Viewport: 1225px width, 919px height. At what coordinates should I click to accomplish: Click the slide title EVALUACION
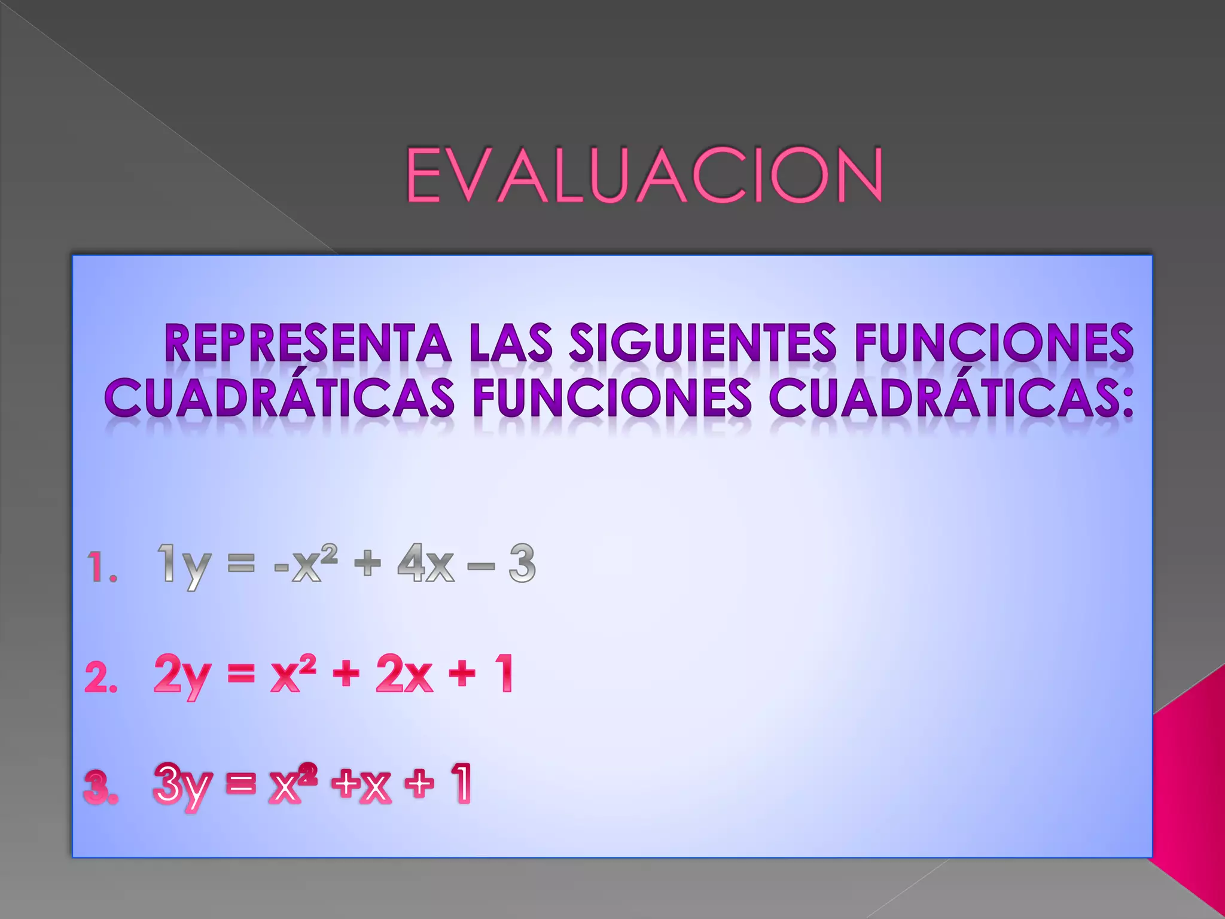pyautogui.click(x=644, y=175)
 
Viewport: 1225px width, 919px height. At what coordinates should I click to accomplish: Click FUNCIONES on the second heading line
pyautogui.click(x=612, y=397)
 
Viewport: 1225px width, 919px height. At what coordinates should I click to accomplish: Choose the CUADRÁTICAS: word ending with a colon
pyautogui.click(x=951, y=397)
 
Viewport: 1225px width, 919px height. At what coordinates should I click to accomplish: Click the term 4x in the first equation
pyautogui.click(x=425, y=564)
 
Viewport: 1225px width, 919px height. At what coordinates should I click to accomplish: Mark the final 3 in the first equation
pyautogui.click(x=522, y=564)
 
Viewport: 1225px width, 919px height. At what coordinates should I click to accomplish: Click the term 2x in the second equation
pyautogui.click(x=404, y=675)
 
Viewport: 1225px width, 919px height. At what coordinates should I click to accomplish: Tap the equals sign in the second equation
pyautogui.click(x=240, y=675)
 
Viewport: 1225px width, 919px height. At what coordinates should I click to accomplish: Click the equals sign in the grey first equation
pyautogui.click(x=242, y=564)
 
